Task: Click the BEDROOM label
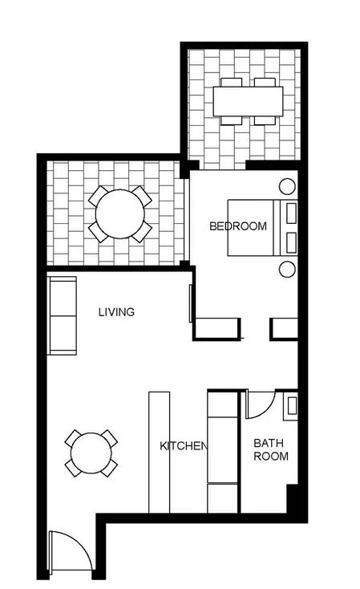[x=237, y=226]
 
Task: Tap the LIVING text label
[x=116, y=312]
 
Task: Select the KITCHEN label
[x=184, y=446]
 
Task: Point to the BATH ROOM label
[x=270, y=449]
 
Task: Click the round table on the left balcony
[x=120, y=214]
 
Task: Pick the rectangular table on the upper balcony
[x=248, y=101]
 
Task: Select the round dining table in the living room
[x=91, y=454]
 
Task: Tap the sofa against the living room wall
[x=62, y=315]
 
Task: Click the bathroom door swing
[x=258, y=405]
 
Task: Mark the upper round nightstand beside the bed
[x=286, y=187]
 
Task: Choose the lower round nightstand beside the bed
[x=287, y=269]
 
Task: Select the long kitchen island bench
[x=159, y=451]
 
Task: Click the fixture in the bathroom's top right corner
[x=291, y=404]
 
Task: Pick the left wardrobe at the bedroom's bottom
[x=217, y=328]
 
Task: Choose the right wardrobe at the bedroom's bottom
[x=284, y=328]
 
